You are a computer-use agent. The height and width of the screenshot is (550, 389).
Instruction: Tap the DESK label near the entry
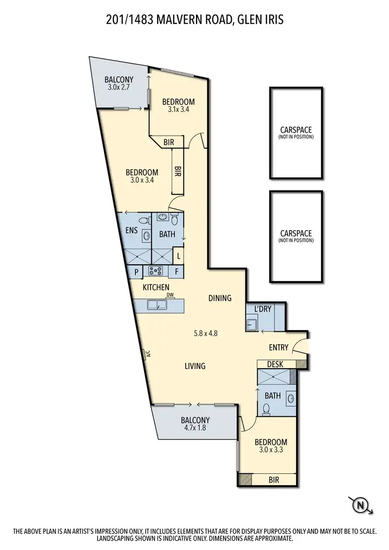[275, 364]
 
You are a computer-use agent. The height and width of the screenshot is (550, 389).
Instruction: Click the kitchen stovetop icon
[156, 270]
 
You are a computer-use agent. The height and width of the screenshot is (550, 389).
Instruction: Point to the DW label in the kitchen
[169, 295]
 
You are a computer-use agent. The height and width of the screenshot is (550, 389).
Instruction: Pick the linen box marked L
[178, 256]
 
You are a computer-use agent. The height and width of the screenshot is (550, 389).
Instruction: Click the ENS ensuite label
[131, 230]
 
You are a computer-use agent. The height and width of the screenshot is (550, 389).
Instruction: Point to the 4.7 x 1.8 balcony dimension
[195, 428]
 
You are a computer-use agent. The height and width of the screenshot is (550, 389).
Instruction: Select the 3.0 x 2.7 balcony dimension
[119, 87]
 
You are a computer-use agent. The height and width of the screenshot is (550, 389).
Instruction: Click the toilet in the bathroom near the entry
[267, 409]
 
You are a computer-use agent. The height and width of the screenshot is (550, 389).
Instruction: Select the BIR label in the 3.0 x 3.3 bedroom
[273, 480]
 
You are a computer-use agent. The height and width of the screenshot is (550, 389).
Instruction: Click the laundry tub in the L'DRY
[252, 325]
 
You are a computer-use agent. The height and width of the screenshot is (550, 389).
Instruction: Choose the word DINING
[219, 298]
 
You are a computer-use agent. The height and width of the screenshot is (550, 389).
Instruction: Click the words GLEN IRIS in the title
[259, 20]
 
